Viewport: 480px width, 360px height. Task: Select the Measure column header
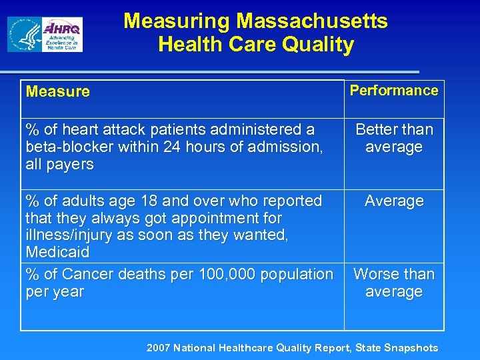coord(57,92)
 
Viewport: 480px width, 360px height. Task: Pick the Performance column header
coord(394,91)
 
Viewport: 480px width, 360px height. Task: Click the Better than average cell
coord(394,138)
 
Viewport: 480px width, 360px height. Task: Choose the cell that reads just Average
coord(394,201)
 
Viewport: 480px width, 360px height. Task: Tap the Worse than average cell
coord(394,283)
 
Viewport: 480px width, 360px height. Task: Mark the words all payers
coord(59,164)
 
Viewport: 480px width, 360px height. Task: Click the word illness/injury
coord(70,235)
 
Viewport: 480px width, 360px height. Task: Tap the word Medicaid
coord(57,253)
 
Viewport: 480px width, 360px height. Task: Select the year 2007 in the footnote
coord(159,347)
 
